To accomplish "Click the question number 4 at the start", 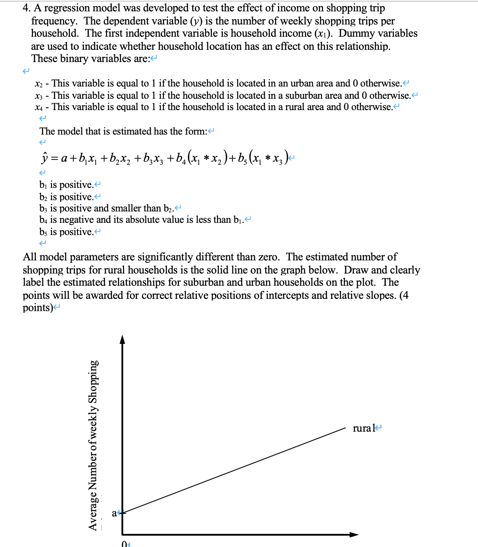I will click(26, 8).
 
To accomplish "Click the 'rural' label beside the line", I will click(364, 428).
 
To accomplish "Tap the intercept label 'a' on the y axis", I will click(114, 513).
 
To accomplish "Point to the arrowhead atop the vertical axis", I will click(122, 339).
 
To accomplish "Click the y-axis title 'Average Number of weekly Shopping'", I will click(93, 445).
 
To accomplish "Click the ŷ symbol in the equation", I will click(44, 158).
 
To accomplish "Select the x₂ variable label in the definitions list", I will click(38, 83).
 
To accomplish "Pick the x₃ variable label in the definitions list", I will click(38, 96).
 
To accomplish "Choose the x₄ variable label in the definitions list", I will click(38, 107).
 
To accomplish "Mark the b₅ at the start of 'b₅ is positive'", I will click(43, 232).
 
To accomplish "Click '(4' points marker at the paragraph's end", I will click(404, 295).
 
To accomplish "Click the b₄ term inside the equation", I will click(180, 158).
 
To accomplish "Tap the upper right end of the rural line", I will click(345, 429).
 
